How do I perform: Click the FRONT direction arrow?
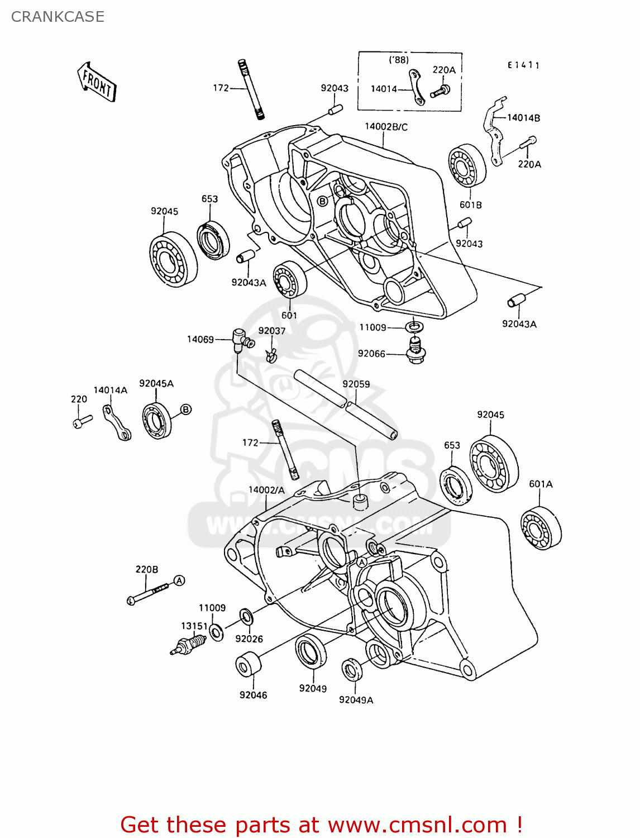point(97,82)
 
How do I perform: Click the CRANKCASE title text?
point(58,17)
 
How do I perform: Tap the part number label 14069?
point(200,339)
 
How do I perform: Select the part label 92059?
point(356,384)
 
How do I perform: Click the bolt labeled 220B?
point(147,593)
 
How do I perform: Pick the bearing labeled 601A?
point(541,528)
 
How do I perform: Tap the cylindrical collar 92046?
point(249,664)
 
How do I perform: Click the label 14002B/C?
point(386,127)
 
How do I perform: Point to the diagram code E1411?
point(523,65)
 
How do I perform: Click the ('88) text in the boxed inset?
point(399,60)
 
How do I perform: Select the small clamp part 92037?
point(271,354)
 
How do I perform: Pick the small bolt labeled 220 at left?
point(82,421)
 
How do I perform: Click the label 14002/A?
point(266,490)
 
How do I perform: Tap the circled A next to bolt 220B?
point(179,580)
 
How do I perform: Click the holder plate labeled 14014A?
point(117,422)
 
